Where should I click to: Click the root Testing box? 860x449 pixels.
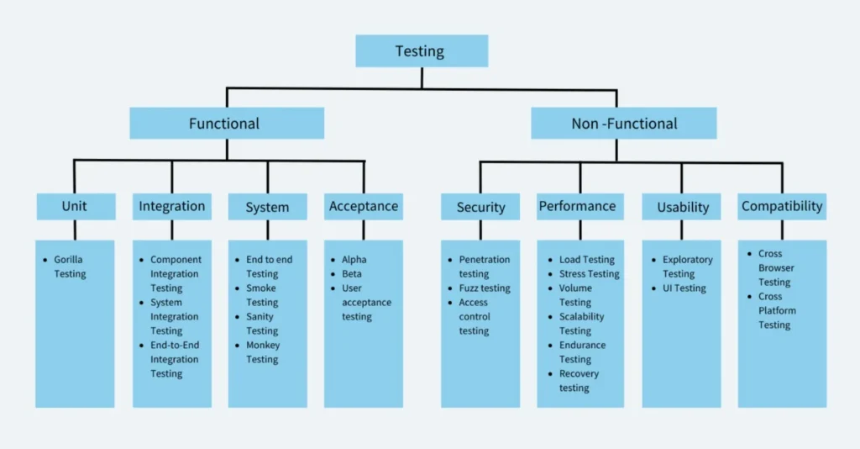[x=422, y=51]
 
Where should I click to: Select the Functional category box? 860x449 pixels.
[x=226, y=124]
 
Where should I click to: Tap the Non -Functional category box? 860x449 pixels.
[x=623, y=124]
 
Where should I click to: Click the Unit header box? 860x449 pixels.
[x=75, y=206]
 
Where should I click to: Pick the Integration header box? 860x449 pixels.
[x=172, y=206]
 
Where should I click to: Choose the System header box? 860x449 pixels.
[x=268, y=207]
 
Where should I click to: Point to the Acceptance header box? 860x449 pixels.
[x=364, y=206]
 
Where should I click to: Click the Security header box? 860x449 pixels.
[x=481, y=207]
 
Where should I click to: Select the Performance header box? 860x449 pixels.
[x=578, y=206]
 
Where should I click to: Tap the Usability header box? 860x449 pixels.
[x=683, y=207]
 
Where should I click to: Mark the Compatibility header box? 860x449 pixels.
[x=782, y=206]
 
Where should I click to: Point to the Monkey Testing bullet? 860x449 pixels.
[x=263, y=352]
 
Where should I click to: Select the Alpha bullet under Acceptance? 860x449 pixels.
[x=354, y=260]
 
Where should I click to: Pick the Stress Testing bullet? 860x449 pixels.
[x=589, y=274]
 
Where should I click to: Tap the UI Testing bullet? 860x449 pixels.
[x=684, y=288]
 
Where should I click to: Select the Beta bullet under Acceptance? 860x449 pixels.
[x=352, y=274]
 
